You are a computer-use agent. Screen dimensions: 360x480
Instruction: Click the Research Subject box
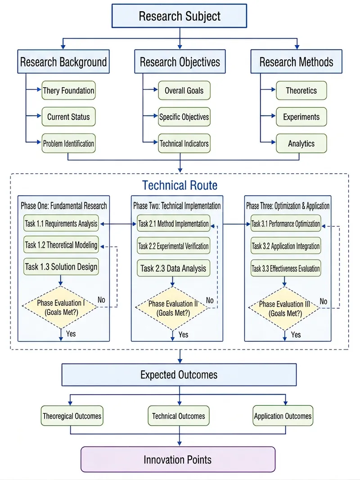click(x=180, y=16)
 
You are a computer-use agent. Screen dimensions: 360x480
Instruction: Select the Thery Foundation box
click(x=68, y=90)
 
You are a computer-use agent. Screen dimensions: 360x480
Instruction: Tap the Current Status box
click(x=68, y=117)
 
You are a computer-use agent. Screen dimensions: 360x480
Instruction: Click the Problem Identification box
click(x=68, y=143)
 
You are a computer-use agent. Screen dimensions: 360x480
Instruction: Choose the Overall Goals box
click(x=184, y=90)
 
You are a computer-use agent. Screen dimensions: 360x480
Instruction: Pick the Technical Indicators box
click(x=184, y=143)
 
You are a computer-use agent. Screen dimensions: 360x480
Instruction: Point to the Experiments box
click(x=301, y=117)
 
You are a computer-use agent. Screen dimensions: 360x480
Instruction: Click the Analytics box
click(x=301, y=143)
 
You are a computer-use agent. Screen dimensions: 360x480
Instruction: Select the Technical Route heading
click(x=180, y=185)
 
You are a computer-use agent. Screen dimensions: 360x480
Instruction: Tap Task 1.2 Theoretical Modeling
click(x=61, y=245)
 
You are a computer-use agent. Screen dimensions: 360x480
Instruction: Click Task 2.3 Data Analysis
click(x=173, y=268)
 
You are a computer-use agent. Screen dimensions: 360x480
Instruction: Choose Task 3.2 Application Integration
click(x=286, y=246)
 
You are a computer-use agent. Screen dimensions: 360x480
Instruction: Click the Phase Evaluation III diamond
click(x=285, y=309)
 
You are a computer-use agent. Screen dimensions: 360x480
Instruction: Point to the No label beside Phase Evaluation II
click(x=210, y=301)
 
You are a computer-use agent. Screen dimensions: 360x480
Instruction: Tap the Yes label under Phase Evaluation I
click(x=71, y=334)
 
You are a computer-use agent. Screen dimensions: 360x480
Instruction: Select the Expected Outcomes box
click(x=179, y=375)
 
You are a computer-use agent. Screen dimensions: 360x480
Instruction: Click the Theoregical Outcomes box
click(x=72, y=416)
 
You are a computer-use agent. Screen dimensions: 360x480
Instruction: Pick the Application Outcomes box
click(x=283, y=416)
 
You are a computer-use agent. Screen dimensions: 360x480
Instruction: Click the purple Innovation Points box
click(x=178, y=459)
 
